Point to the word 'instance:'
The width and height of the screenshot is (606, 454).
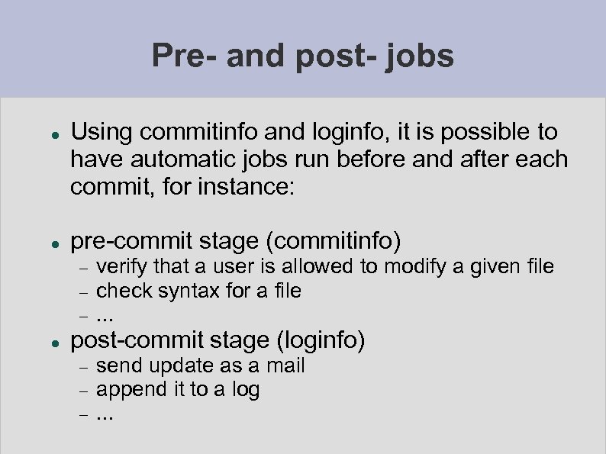click(x=249, y=187)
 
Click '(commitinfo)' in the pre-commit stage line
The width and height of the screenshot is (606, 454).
click(x=333, y=242)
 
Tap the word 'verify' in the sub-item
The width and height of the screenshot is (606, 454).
click(x=122, y=267)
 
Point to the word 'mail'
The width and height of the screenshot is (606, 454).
click(x=285, y=365)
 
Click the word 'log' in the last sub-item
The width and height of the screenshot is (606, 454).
click(x=246, y=391)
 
